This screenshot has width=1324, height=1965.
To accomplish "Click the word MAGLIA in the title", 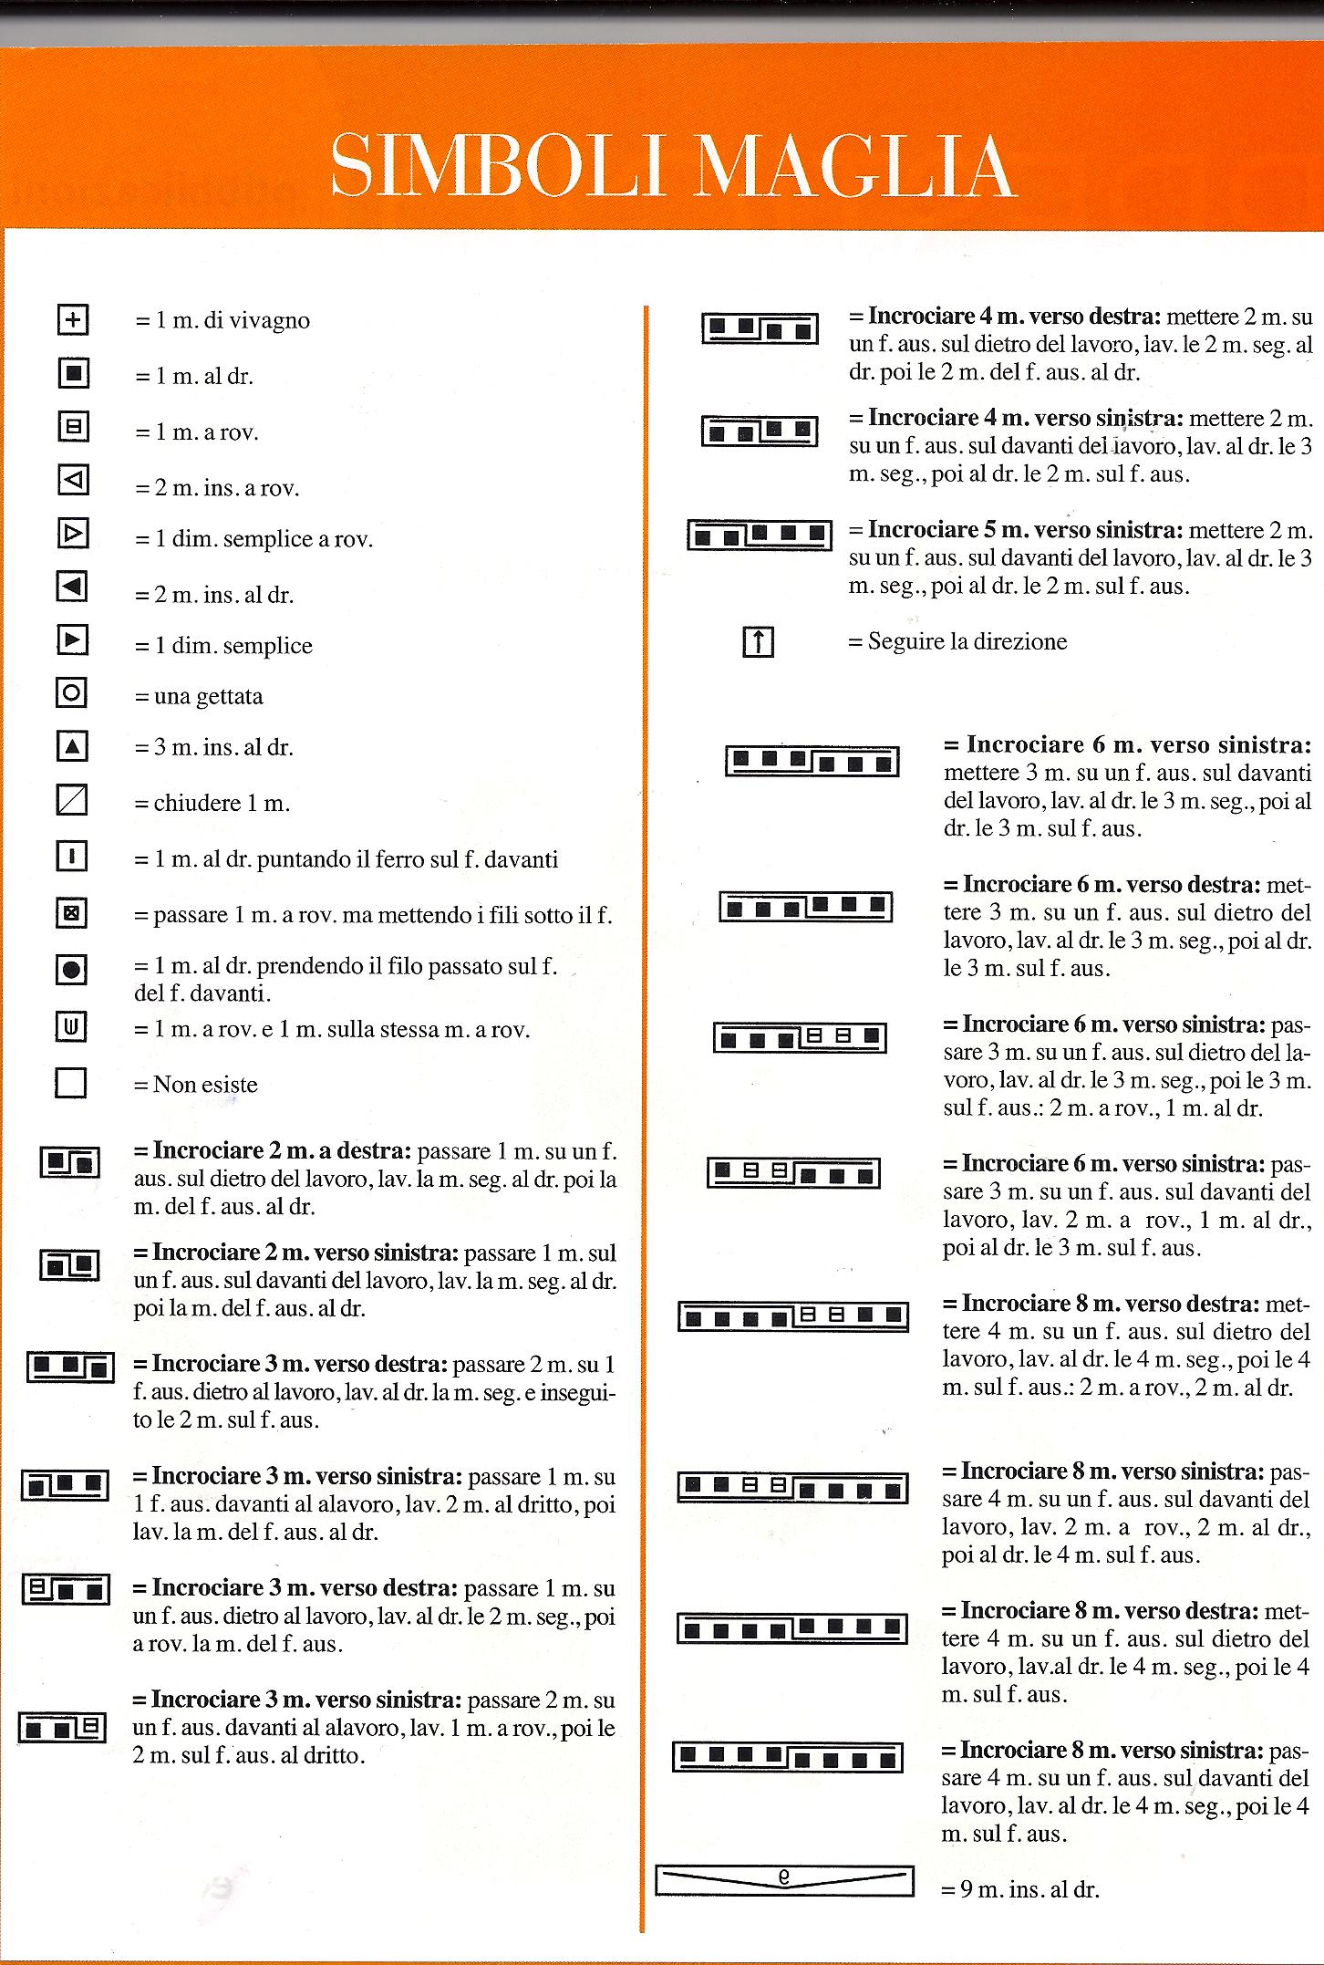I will pos(854,167).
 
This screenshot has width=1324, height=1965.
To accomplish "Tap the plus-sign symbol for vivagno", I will pos(72,319).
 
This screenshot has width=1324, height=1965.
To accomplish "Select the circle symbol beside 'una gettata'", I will pos(72,693).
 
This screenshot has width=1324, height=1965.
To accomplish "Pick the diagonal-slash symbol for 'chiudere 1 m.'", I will pos(72,801).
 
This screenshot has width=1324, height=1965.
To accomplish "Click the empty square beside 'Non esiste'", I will pos(71,1083).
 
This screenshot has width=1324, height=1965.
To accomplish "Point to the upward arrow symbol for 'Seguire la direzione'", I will pos(758,642).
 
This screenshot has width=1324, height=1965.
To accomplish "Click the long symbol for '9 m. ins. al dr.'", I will pos(784,1882).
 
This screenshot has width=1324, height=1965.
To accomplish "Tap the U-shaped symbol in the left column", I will pos(71,1028).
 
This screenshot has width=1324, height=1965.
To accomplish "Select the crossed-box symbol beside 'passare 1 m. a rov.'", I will pos(71,913).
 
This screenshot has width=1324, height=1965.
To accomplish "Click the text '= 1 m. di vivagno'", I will pos(222,321).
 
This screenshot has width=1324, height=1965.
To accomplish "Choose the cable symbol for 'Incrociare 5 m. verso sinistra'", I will pos(759,535).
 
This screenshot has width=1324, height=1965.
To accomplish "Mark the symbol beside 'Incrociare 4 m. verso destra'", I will pos(760,328).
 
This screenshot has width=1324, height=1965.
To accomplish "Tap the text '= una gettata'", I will pos(199,697).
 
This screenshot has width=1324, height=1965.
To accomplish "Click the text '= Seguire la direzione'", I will pos(957,641).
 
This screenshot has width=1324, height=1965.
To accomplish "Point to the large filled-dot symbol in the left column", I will pos(71,970).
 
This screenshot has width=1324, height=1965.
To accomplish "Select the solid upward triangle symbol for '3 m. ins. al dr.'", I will pos(72,747).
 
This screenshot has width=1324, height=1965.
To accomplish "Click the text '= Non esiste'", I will pos(196,1085).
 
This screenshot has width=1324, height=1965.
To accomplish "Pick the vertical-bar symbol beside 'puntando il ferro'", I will pos(71,857).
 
